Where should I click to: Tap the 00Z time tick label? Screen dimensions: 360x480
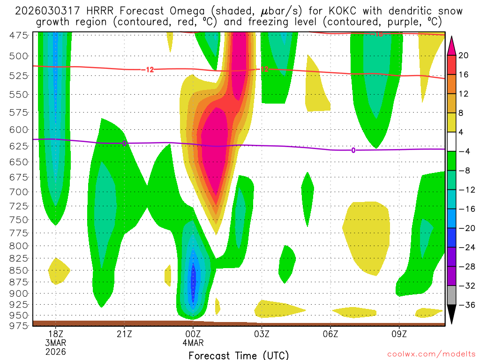coord(193,335)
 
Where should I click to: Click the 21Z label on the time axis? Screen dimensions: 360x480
coord(124,335)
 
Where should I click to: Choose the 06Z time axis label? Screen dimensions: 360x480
coord(330,335)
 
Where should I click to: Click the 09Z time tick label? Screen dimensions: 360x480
coord(399,335)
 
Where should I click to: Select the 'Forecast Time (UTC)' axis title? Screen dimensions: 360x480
coord(239,355)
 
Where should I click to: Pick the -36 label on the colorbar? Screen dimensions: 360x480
coord(466,305)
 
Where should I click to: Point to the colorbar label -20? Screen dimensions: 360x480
coord(466,228)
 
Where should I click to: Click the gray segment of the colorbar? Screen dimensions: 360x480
coord(452,295)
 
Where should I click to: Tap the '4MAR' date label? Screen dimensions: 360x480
coord(193,343)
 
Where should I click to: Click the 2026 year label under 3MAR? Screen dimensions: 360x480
coord(56,352)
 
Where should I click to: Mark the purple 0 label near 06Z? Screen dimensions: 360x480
coord(353,150)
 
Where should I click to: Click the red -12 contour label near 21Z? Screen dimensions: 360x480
coord(149,70)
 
